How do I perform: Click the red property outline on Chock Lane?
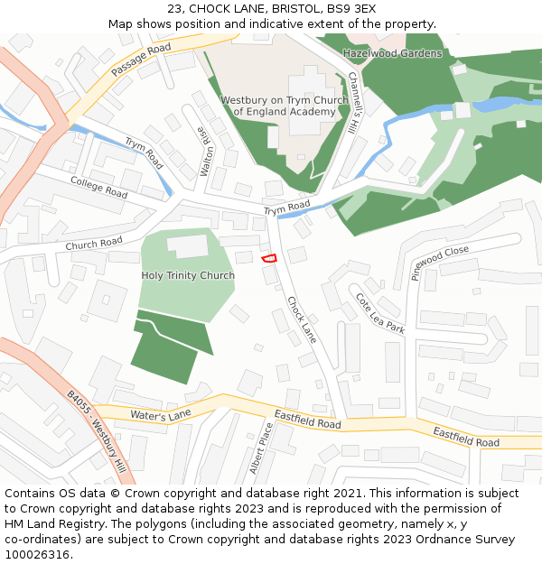(268, 259)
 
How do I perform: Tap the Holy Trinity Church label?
(188, 275)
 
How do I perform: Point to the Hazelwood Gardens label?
(392, 53)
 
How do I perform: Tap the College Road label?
(99, 187)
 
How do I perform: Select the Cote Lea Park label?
(379, 313)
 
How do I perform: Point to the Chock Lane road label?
(302, 319)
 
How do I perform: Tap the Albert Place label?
(262, 448)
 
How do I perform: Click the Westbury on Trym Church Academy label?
(285, 106)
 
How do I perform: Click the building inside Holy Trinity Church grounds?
(188, 245)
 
